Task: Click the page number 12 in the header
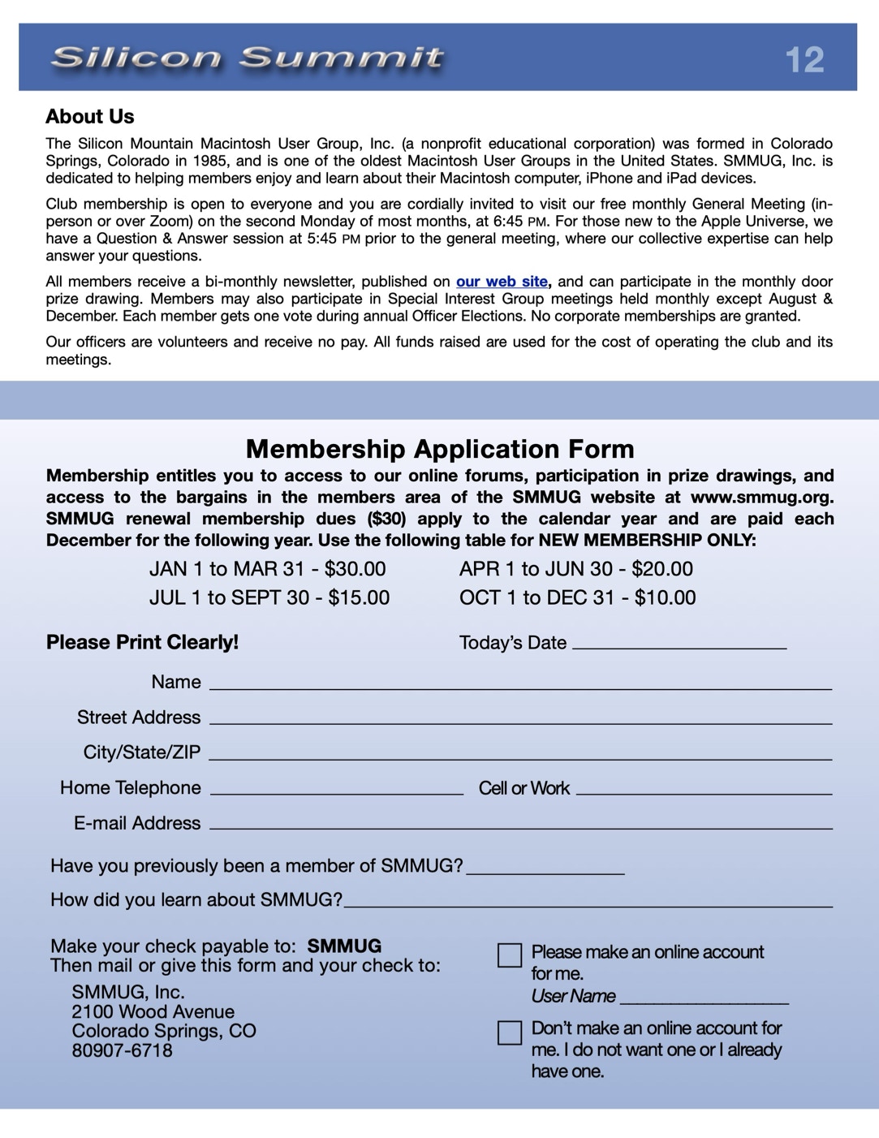coord(804,60)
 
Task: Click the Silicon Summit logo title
coord(247,58)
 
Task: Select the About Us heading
coord(90,117)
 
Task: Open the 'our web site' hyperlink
coord(502,282)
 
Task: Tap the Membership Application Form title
coord(440,449)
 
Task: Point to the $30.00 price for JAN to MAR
coord(355,569)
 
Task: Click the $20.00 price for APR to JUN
coord(662,569)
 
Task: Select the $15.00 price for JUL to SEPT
coord(359,598)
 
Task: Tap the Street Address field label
coord(139,718)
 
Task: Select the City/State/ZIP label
coord(142,752)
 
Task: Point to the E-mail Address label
coord(137,823)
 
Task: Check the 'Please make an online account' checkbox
coord(510,955)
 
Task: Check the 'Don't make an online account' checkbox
coord(510,1032)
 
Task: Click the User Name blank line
coord(704,1001)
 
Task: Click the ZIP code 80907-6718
coord(123,1050)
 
